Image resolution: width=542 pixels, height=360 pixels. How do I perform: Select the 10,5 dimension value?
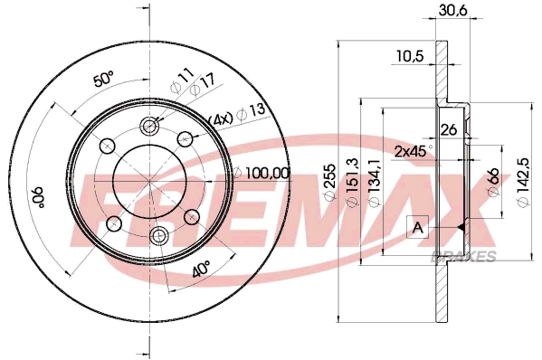(410, 56)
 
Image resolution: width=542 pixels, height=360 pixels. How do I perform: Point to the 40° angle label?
(201, 269)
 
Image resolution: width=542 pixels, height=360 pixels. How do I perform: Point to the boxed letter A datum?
(417, 227)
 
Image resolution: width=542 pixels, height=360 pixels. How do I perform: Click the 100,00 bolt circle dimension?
(263, 173)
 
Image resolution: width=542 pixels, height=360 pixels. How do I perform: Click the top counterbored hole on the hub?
(149, 127)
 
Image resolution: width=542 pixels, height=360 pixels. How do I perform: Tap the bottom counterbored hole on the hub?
(159, 236)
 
